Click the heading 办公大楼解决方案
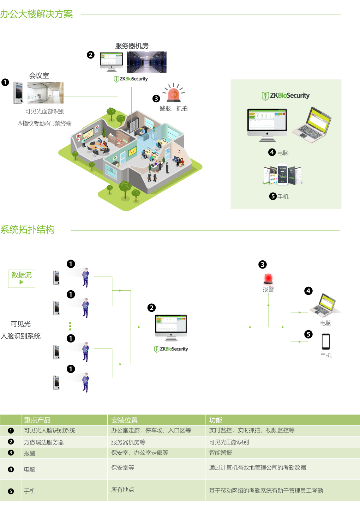pyautogui.click(x=36, y=14)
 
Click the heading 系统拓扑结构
pyautogui.click(x=28, y=230)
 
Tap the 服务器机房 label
pyautogui.click(x=132, y=46)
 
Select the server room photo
pyautogui.click(x=146, y=62)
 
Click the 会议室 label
pyautogui.click(x=39, y=76)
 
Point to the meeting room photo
pyautogui.click(x=46, y=93)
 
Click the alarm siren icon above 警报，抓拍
pyautogui.click(x=173, y=93)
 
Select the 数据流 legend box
pyautogui.click(x=22, y=278)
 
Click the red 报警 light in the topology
pyautogui.click(x=268, y=279)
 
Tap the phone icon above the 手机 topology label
pyautogui.click(x=326, y=341)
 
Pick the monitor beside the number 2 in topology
pyautogui.click(x=171, y=327)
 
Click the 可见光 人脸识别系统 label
pyautogui.click(x=21, y=330)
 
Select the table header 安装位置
pyautogui.click(x=124, y=420)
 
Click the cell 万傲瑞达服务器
pyautogui.click(x=44, y=442)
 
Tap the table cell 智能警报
pyautogui.click(x=221, y=453)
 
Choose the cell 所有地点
pyautogui.click(x=122, y=490)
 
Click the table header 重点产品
pyautogui.click(x=37, y=420)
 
